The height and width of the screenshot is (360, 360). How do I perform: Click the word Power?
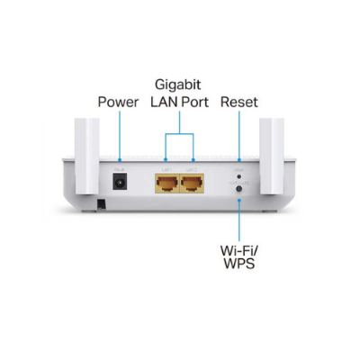(x=118, y=102)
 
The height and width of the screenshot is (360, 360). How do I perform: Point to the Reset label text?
(x=238, y=102)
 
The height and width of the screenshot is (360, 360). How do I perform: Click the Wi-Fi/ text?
(x=238, y=247)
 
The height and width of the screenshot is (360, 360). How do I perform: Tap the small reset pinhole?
(x=238, y=175)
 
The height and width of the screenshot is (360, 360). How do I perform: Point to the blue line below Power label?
(x=119, y=135)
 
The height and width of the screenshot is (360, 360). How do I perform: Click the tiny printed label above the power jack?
(x=118, y=167)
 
